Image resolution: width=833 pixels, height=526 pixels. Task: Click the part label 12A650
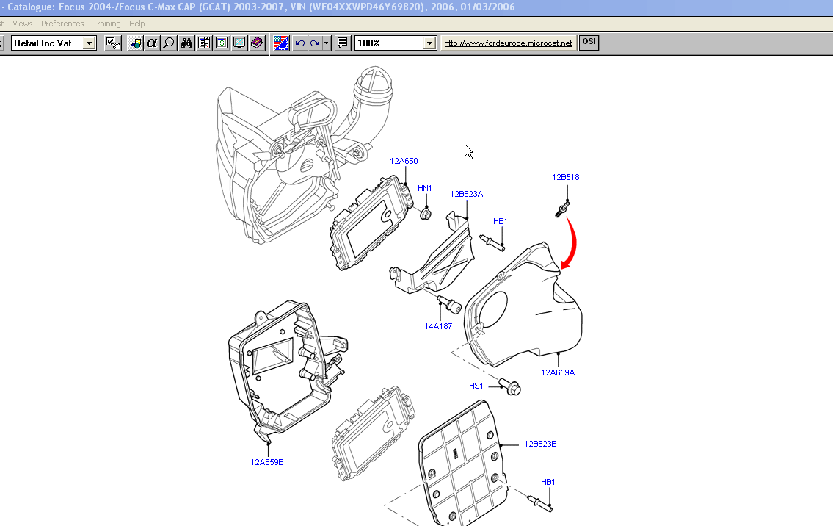tap(404, 161)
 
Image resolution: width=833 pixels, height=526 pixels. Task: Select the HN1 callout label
tap(424, 189)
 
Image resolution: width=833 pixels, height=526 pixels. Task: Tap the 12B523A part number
tap(467, 194)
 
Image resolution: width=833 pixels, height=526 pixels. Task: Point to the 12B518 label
tap(566, 177)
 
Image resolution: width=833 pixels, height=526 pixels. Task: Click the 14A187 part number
tap(438, 326)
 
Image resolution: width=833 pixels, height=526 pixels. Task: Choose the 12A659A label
tap(558, 372)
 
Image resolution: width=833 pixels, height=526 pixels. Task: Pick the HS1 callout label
tap(476, 386)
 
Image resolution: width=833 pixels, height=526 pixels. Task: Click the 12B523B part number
tap(540, 444)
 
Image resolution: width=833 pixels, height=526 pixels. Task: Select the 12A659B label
tap(267, 462)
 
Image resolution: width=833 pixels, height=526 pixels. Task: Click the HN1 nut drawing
tap(425, 214)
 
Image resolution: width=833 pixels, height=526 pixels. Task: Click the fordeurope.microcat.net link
tap(508, 43)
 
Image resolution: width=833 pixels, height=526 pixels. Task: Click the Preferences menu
tap(62, 24)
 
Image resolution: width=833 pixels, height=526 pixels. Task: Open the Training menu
tap(106, 24)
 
